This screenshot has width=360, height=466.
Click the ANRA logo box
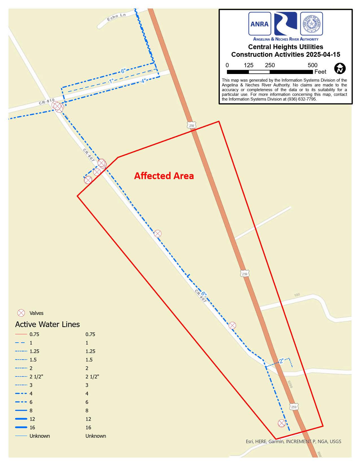click(x=259, y=24)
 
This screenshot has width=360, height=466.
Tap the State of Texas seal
click(x=311, y=24)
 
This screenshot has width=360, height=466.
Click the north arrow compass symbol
click(x=340, y=68)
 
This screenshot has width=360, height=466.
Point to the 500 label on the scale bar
click(x=313, y=65)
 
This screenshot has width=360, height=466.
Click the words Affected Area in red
click(x=164, y=176)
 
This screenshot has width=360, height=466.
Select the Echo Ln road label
click(x=116, y=17)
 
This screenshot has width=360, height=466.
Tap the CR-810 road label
click(x=47, y=101)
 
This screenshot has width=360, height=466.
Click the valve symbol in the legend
click(x=21, y=313)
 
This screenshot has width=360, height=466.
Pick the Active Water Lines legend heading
click(x=47, y=324)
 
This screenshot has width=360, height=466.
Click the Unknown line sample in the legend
click(x=21, y=436)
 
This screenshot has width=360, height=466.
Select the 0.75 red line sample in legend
click(x=21, y=334)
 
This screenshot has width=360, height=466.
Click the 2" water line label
click(x=281, y=361)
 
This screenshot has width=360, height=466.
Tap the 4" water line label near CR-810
click(x=143, y=81)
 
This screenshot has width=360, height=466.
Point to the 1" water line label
click(x=111, y=81)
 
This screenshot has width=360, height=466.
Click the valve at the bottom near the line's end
click(x=282, y=423)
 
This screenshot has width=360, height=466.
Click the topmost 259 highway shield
click(x=192, y=125)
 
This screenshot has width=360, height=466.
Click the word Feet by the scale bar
click(x=320, y=72)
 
